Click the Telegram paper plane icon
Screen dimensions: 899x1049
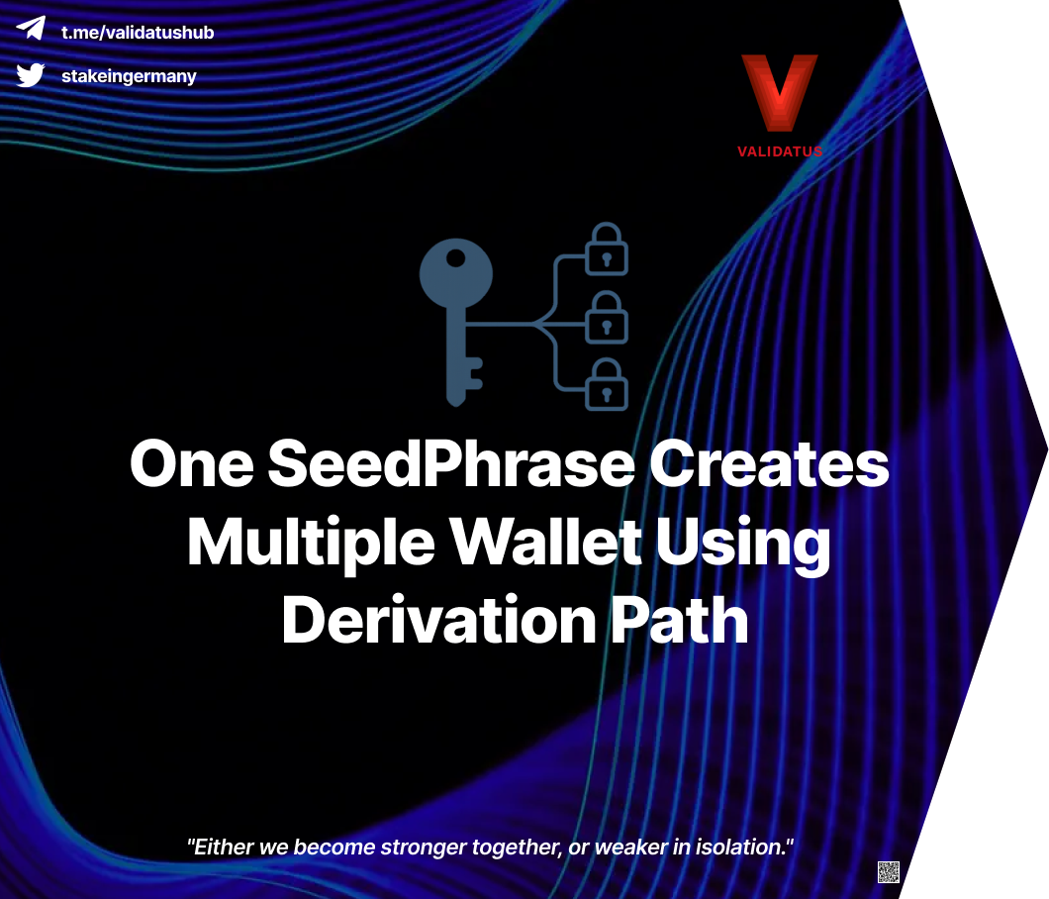31,29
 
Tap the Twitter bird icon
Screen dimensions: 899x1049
31,74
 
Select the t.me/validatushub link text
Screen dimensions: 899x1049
138,32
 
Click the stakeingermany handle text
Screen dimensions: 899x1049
129,76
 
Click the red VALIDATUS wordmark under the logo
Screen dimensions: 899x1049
780,151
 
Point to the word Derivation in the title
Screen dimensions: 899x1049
435,620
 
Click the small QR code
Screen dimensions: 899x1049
889,872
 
